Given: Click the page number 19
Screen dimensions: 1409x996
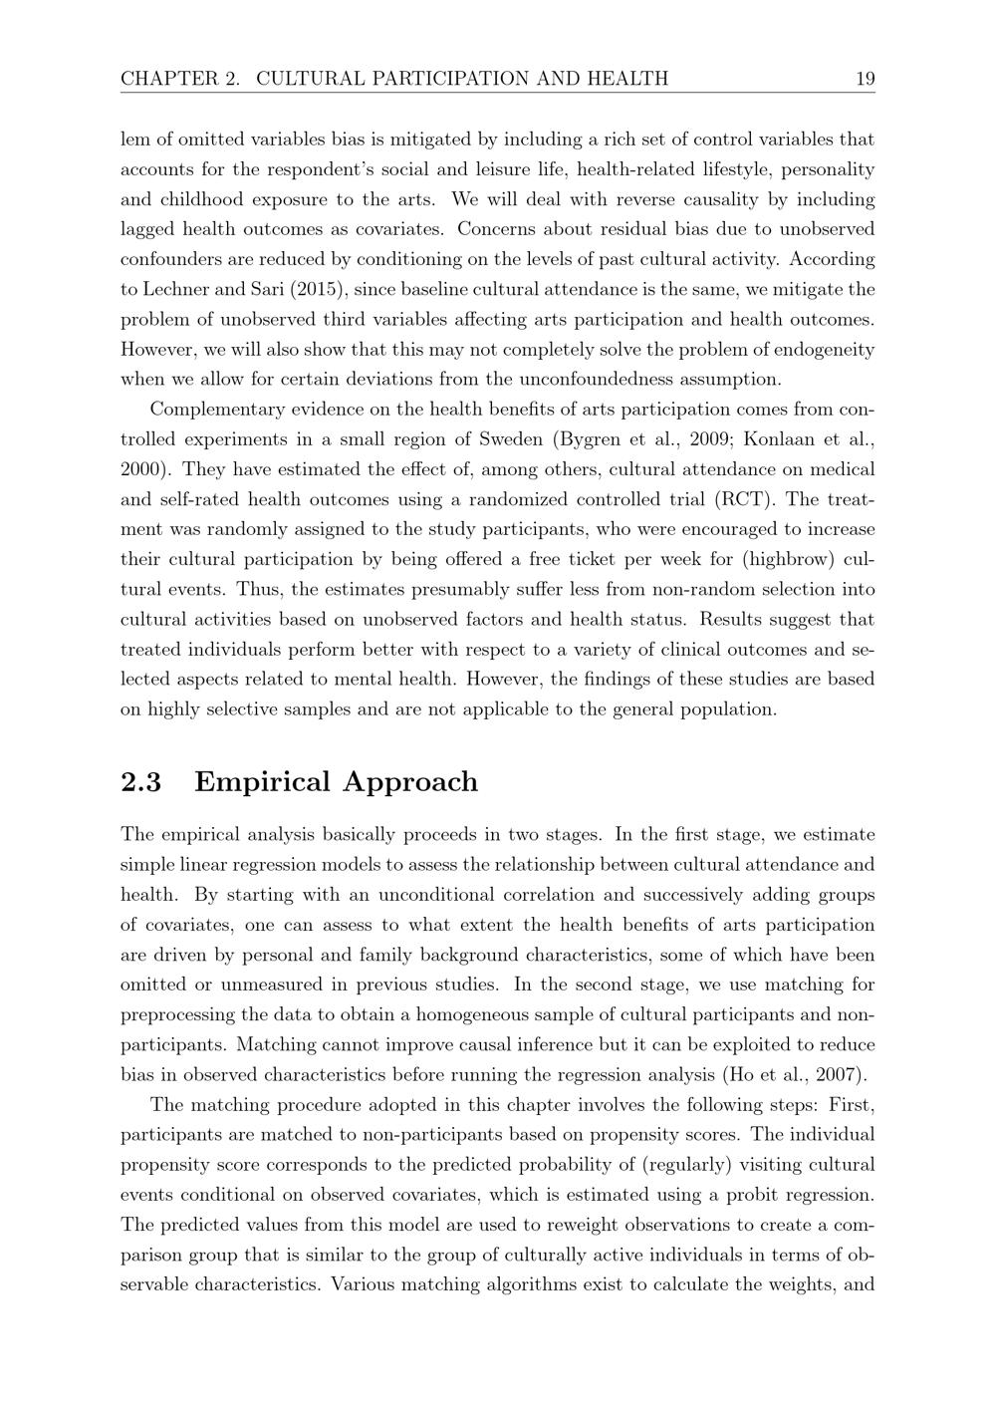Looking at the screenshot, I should [x=865, y=79].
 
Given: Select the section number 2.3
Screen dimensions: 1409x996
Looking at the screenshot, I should [x=140, y=782].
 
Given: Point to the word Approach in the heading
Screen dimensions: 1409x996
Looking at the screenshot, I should [x=410, y=782].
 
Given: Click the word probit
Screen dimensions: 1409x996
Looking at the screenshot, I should [x=755, y=1195].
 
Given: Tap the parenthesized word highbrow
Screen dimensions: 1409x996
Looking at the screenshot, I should [x=793, y=559].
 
